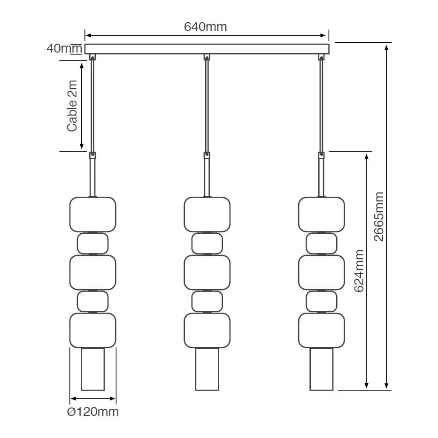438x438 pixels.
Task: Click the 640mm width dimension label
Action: click(205, 27)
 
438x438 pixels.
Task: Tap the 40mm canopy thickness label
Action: click(64, 48)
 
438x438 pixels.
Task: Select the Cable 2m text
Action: click(72, 106)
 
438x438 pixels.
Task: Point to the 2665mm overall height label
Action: click(379, 216)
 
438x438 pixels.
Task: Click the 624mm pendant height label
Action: click(359, 270)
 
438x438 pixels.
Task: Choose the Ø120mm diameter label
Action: click(93, 412)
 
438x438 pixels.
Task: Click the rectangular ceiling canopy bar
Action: click(207, 49)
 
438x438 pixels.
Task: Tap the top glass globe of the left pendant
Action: click(93, 214)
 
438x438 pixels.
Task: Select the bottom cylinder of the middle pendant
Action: click(207, 369)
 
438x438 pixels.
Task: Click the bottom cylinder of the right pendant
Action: click(322, 369)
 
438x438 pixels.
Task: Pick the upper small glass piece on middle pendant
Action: click(207, 243)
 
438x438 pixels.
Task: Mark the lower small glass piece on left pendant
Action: click(93, 301)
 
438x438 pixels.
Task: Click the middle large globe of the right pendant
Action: click(322, 272)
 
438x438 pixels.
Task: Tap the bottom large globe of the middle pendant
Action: click(207, 330)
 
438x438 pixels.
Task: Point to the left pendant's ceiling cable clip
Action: click(92, 57)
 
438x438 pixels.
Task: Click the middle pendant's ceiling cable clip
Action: click(207, 57)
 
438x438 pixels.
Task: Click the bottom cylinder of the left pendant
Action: click(93, 369)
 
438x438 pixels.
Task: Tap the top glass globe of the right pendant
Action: click(322, 214)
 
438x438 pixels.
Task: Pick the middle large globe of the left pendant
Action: click(93, 272)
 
